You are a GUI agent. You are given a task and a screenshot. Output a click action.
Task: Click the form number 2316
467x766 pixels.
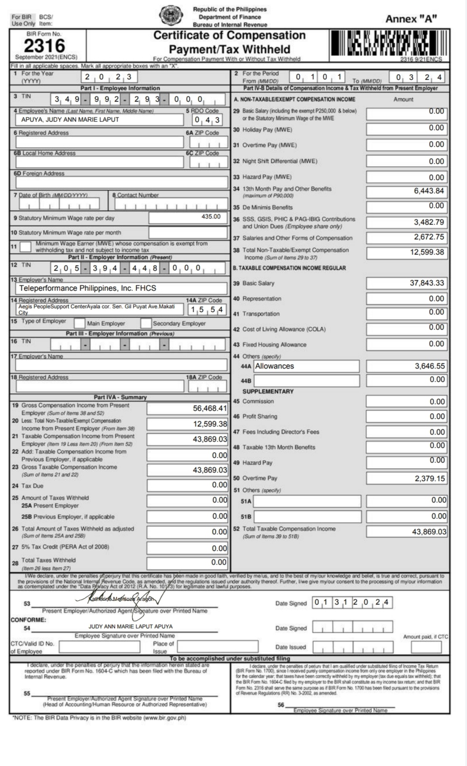[44, 46]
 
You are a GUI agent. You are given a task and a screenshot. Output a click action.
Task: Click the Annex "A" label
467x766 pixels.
[411, 19]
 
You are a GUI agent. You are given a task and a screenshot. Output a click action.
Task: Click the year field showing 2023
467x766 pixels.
[109, 77]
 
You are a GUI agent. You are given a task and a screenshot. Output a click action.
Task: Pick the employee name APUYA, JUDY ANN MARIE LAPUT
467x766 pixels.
[70, 120]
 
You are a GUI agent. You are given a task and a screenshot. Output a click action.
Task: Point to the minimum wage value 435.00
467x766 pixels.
[211, 217]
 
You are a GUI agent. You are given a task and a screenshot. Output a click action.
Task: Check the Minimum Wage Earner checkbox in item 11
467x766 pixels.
[27, 246]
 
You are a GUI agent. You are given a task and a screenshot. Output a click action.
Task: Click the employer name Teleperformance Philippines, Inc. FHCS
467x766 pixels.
[87, 288]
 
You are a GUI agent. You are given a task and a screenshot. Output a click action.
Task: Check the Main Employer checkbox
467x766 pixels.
[79, 323]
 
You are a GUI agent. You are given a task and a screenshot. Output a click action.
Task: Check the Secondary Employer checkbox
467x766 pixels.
[146, 323]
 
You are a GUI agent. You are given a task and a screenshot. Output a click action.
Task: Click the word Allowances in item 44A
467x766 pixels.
[274, 366]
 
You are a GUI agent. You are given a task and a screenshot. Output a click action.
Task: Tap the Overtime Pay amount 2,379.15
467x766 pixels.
[430, 478]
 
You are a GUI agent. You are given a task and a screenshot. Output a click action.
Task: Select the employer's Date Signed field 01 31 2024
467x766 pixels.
[352, 603]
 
